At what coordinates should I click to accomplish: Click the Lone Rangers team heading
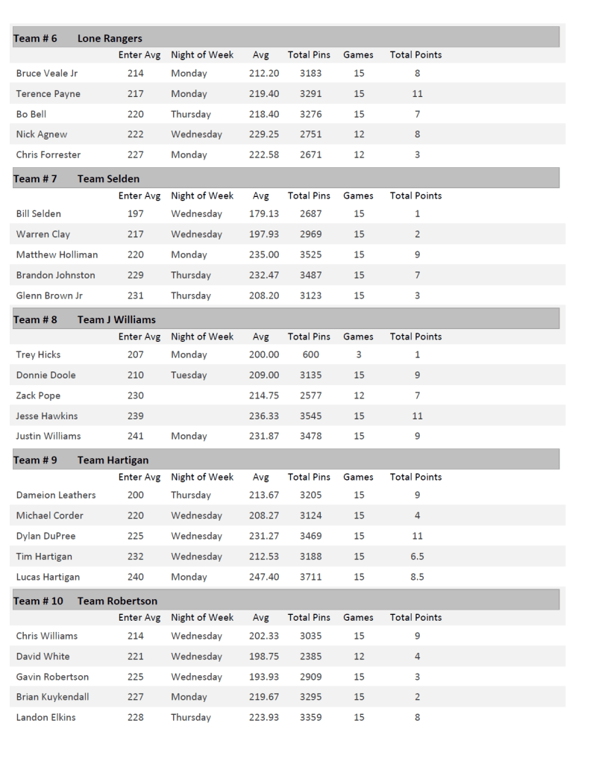[110, 38]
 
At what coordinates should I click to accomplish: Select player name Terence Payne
[48, 94]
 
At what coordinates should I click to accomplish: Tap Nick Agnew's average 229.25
[264, 134]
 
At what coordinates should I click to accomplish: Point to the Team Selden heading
[108, 179]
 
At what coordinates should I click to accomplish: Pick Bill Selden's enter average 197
[135, 214]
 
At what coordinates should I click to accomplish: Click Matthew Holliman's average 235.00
[264, 254]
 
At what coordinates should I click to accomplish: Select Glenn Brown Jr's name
[48, 295]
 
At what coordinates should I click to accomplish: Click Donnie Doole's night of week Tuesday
[189, 375]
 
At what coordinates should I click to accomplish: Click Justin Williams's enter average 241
[135, 436]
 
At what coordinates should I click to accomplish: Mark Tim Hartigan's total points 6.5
[417, 557]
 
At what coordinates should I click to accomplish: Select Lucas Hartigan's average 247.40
[264, 577]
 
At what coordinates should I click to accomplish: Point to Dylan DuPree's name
[45, 536]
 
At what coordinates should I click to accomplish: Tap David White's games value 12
[359, 657]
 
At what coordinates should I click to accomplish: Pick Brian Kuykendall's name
[52, 697]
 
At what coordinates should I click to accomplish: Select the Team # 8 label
[35, 320]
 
